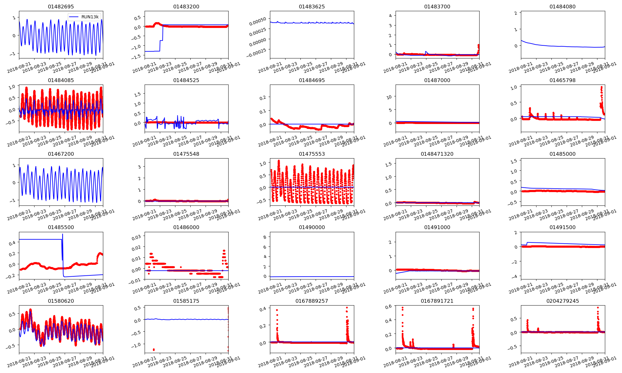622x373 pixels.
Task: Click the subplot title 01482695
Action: [x=61, y=7]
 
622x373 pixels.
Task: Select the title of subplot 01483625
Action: [x=312, y=7]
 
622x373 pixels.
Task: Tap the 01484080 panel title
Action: [x=563, y=7]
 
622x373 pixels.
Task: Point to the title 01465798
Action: [x=563, y=80]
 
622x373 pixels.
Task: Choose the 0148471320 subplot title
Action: [x=437, y=154]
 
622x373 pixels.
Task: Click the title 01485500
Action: [x=61, y=227]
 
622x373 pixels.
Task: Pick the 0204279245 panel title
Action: [x=563, y=301]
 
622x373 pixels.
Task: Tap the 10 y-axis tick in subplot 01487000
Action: [x=389, y=97]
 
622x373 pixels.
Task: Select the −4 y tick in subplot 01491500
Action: [x=516, y=276]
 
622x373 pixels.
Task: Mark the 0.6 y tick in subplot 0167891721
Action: [x=388, y=306]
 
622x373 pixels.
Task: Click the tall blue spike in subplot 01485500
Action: [x=63, y=234]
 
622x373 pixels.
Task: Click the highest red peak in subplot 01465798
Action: [x=601, y=87]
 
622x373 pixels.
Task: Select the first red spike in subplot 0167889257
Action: [x=277, y=310]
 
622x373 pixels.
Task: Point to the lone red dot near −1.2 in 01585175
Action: [x=154, y=350]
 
